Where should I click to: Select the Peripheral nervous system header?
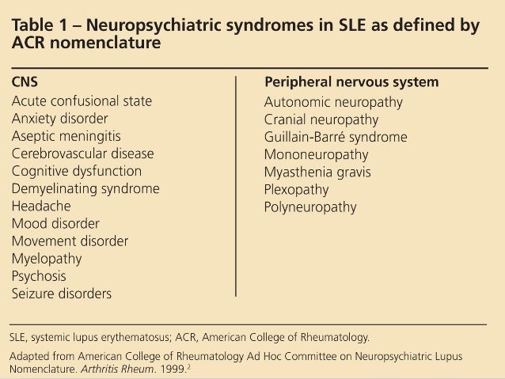point(351,83)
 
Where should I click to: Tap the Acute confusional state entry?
point(81,101)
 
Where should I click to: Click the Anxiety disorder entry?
point(59,119)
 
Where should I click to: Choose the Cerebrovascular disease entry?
point(82,153)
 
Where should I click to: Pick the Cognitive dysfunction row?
point(76,171)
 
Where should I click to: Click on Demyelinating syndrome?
point(85,188)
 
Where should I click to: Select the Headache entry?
point(41,206)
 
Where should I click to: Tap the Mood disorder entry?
point(55,223)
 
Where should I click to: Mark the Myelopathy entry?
point(47,258)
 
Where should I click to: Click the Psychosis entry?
point(39,275)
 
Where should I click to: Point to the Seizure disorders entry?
point(61,294)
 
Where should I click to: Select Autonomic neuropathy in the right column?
point(333,102)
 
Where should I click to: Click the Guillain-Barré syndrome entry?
point(336,137)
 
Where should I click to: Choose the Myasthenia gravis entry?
point(317,172)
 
